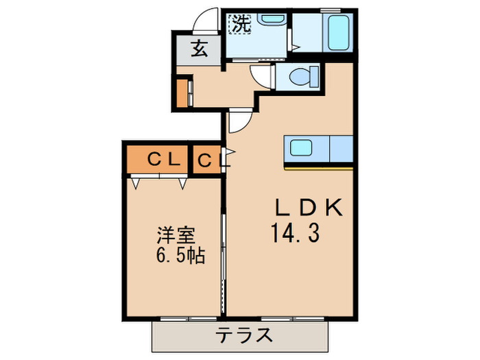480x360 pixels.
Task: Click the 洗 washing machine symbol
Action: click(x=239, y=23)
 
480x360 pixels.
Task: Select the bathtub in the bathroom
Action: click(x=338, y=32)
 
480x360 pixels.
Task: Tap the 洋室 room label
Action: click(x=176, y=235)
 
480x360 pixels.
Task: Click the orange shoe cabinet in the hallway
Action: click(x=182, y=93)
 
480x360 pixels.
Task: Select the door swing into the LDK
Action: click(x=239, y=122)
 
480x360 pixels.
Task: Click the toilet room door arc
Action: click(x=261, y=75)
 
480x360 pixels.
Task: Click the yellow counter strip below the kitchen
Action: click(x=319, y=167)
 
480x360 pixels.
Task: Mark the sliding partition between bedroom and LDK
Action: click(x=224, y=261)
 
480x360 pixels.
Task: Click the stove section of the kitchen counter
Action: click(x=341, y=147)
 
